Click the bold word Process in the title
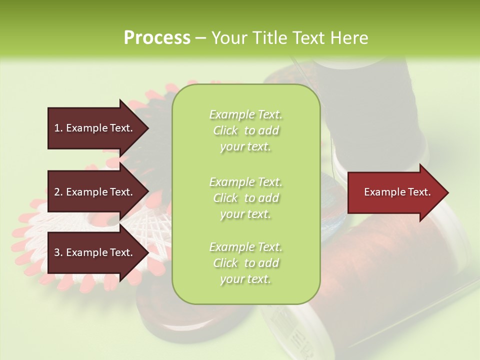click(157, 38)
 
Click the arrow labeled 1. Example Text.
click(95, 128)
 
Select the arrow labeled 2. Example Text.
click(95, 192)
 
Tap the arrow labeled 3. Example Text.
click(95, 252)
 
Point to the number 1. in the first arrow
click(58, 128)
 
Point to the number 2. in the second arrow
click(58, 192)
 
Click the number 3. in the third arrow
click(58, 252)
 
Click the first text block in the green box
click(245, 130)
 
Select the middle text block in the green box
click(245, 198)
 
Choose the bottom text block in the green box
click(245, 263)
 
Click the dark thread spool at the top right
click(370, 100)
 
